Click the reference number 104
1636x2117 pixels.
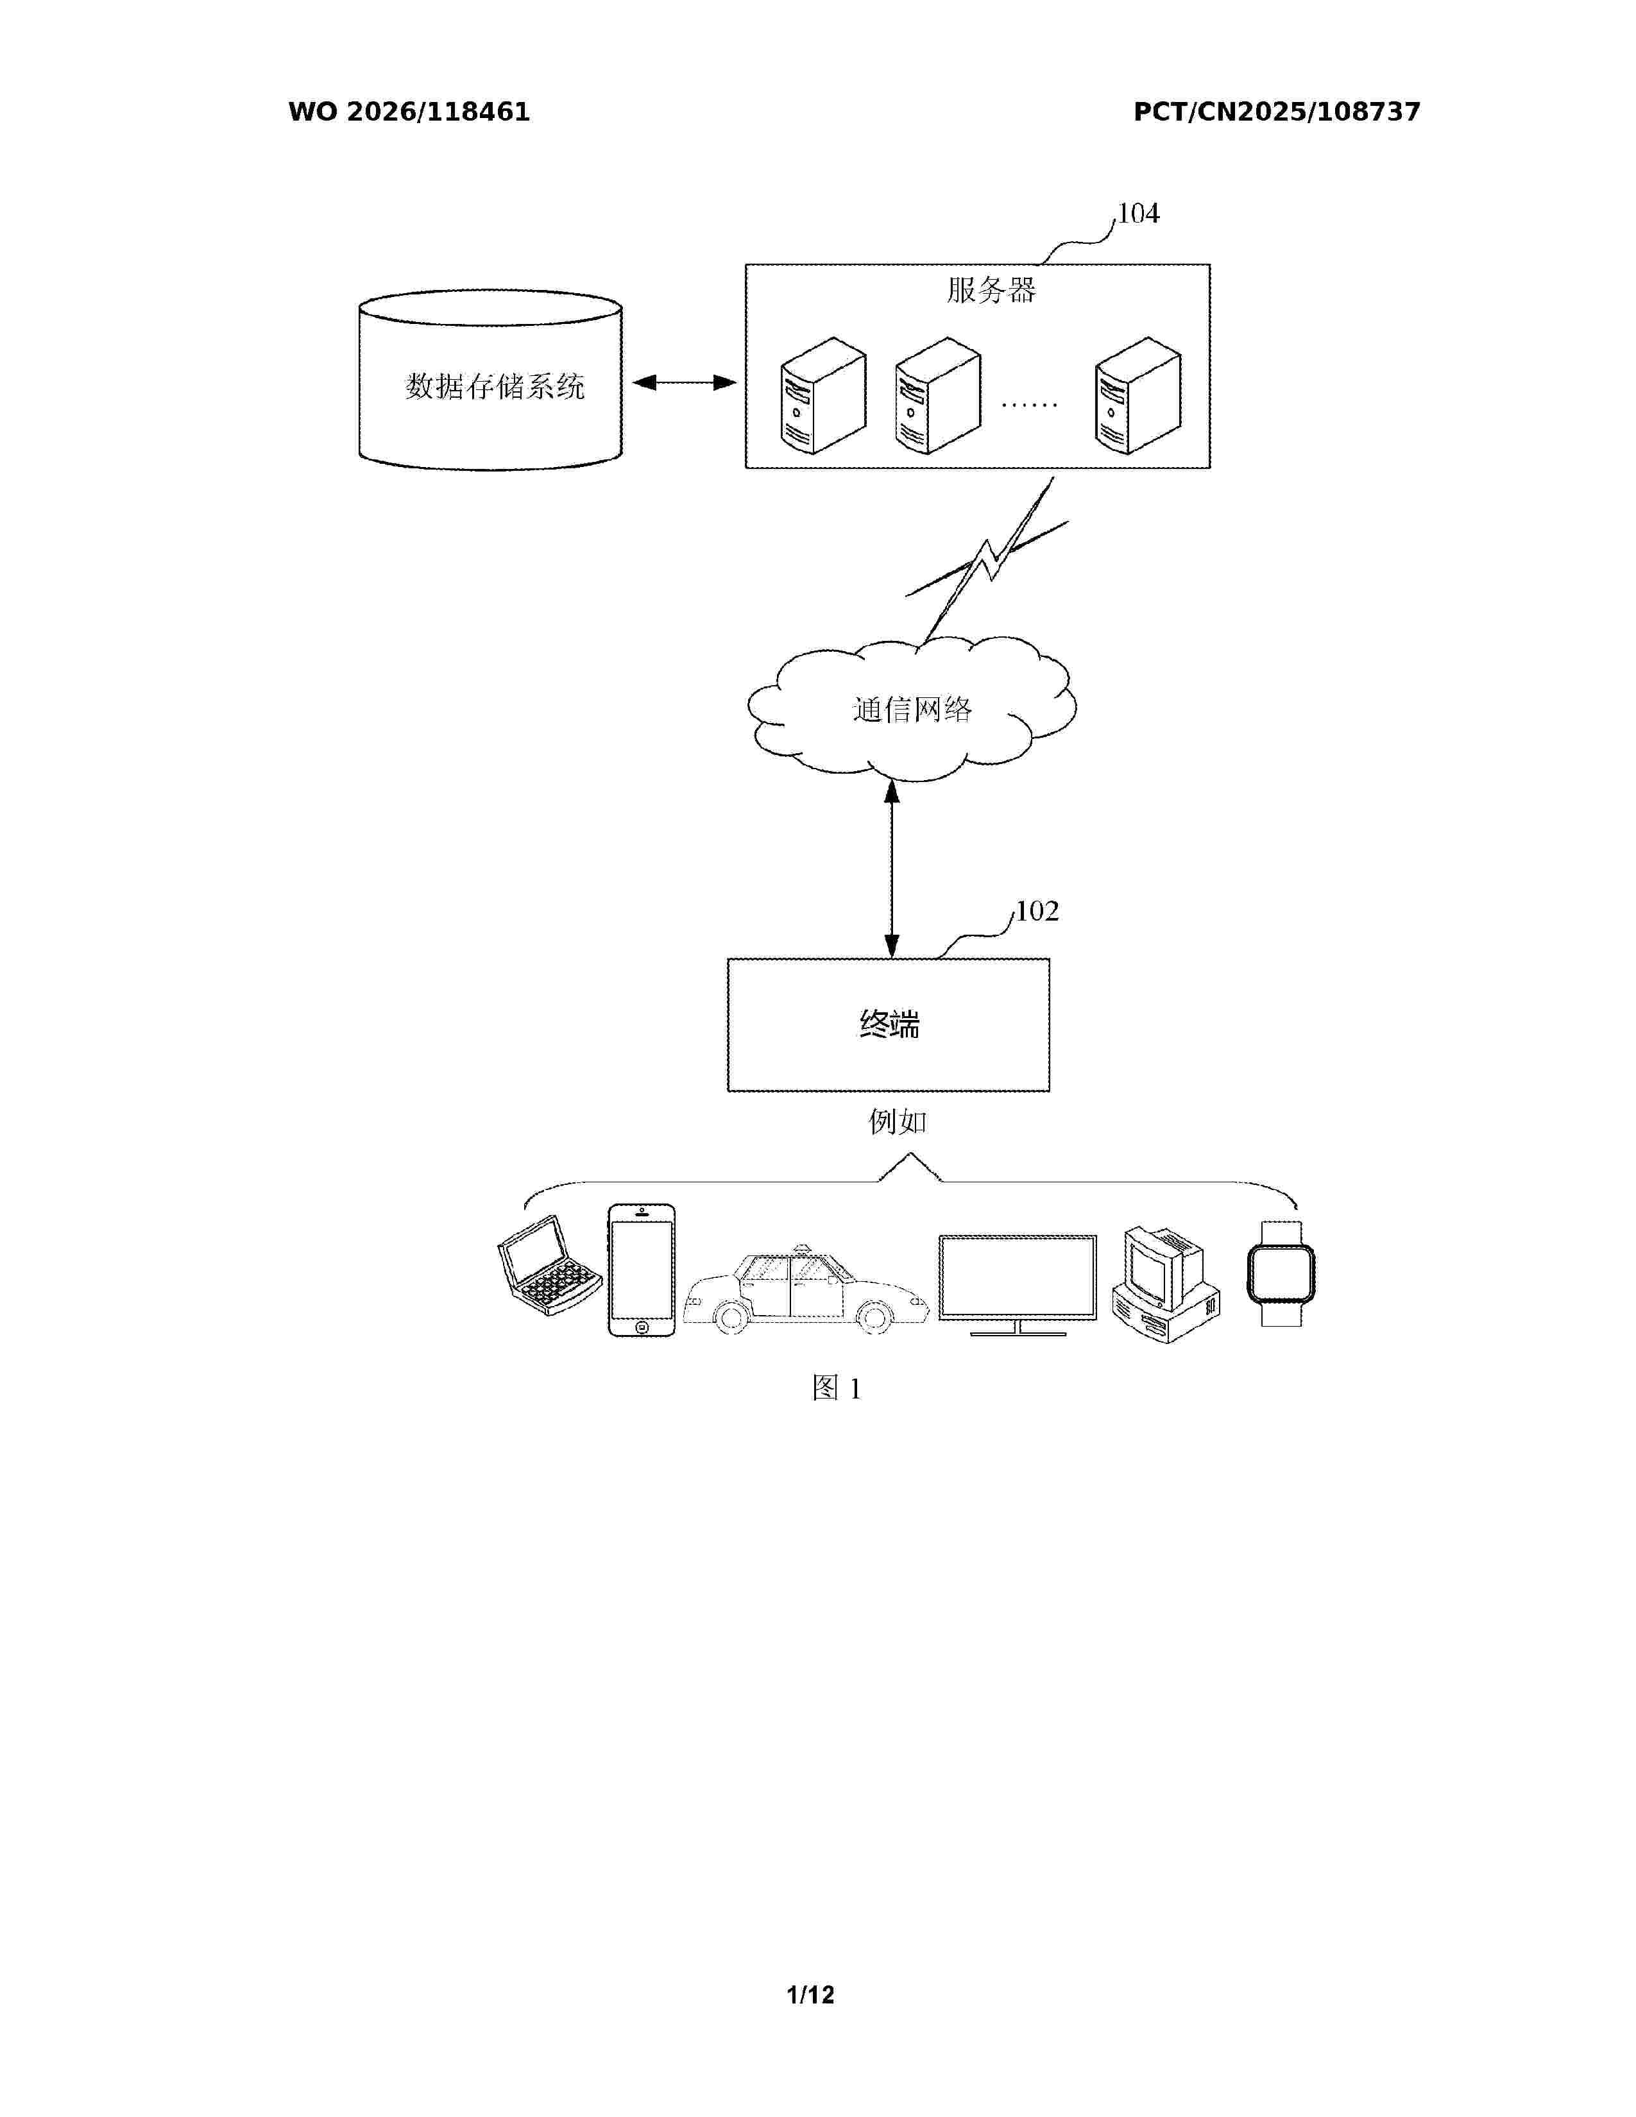(1138, 213)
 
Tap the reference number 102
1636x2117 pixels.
(1037, 911)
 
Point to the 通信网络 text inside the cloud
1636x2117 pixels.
(912, 710)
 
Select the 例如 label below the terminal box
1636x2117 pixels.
(898, 1121)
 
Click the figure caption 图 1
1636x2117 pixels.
(837, 1388)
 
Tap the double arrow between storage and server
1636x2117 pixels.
(685, 383)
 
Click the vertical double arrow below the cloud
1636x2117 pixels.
(892, 869)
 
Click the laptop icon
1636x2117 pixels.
(550, 1265)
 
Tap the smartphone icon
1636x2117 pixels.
(642, 1271)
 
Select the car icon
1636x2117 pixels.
(806, 1289)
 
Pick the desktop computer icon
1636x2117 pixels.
(1166, 1284)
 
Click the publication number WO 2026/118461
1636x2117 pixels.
(409, 112)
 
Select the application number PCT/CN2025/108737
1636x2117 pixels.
(1277, 112)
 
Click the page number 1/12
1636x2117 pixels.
(811, 1995)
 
